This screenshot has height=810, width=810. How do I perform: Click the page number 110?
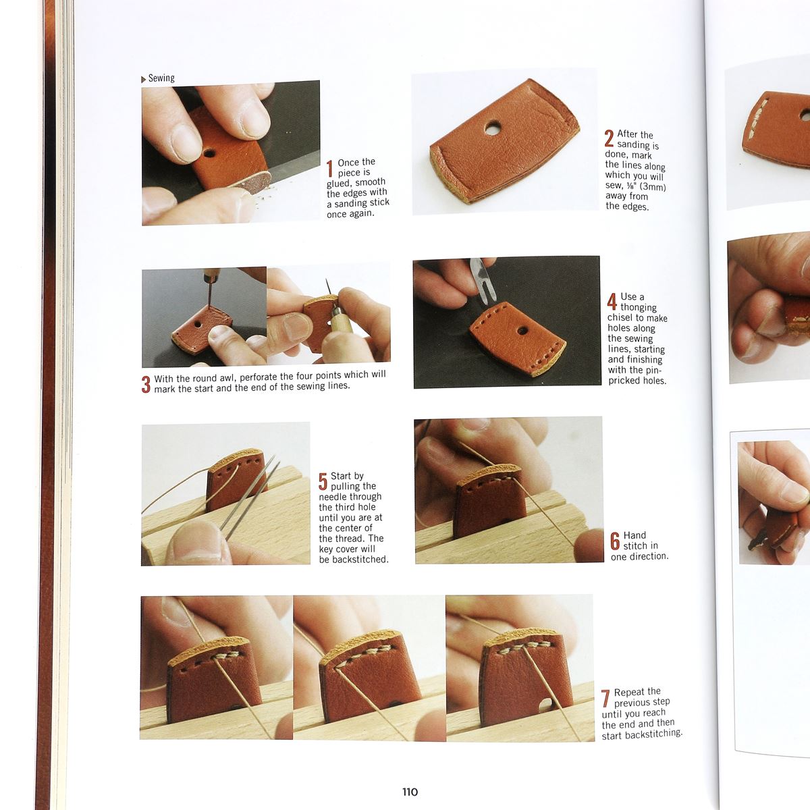coord(410,792)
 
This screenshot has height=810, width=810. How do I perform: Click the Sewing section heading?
coord(161,78)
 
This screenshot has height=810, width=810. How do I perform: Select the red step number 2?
coord(609,138)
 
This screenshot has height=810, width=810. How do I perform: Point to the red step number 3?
coord(146,384)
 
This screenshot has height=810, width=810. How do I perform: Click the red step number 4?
coord(612,301)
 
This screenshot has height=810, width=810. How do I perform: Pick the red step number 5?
coord(323,481)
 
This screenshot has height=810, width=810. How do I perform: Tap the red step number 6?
coord(615,541)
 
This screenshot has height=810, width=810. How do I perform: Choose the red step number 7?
coord(605,698)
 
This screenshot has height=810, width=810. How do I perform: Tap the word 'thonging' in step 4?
coord(639,307)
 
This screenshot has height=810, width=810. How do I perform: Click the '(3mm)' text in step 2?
coord(651,186)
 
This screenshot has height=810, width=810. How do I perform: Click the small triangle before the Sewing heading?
coord(143,80)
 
